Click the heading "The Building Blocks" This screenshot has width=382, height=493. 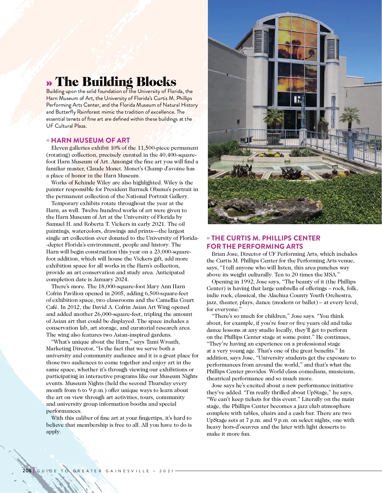point(116,82)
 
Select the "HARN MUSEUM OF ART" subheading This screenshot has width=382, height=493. point(90,140)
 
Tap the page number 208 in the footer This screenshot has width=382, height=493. point(27,471)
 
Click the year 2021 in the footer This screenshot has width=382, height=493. point(166,471)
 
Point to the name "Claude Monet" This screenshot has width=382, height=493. point(104,169)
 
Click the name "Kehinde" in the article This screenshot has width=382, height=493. point(85,183)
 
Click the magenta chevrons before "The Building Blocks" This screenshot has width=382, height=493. point(49,83)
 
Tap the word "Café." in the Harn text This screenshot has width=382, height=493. point(53,307)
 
